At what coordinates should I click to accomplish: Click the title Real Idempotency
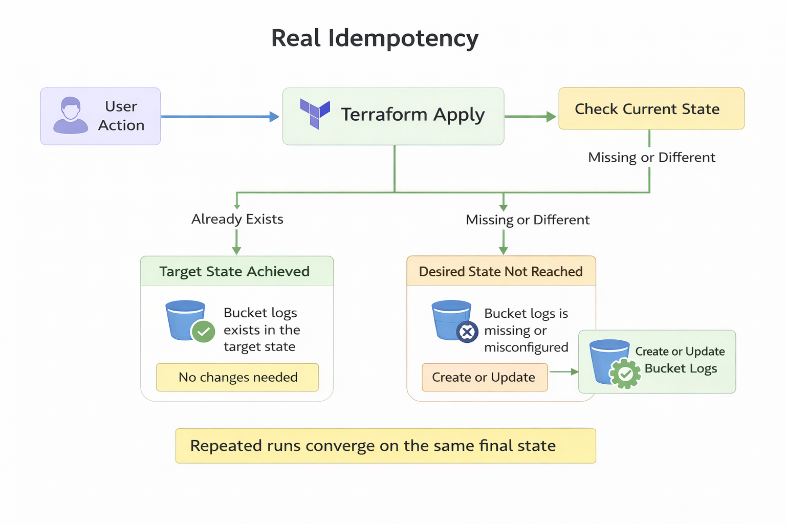click(x=375, y=38)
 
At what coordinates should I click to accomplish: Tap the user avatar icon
click(x=71, y=116)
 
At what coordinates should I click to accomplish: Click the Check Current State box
click(x=651, y=108)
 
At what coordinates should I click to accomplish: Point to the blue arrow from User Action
click(x=220, y=117)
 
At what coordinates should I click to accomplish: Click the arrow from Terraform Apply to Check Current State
click(x=530, y=117)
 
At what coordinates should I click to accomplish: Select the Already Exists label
click(x=237, y=219)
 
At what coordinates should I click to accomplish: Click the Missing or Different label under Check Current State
click(x=651, y=158)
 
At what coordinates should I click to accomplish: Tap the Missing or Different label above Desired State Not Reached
click(x=528, y=220)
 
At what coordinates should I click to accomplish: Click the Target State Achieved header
click(x=234, y=271)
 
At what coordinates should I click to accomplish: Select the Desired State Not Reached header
click(x=500, y=271)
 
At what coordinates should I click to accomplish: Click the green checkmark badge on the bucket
click(x=203, y=332)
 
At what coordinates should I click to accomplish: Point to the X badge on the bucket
click(x=467, y=332)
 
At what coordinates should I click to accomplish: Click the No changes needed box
click(x=237, y=377)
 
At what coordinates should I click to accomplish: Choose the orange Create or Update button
click(x=484, y=377)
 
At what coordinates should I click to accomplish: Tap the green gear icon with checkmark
click(x=625, y=374)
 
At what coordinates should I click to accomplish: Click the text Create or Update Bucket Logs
click(x=680, y=360)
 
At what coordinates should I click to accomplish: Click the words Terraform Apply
click(x=412, y=115)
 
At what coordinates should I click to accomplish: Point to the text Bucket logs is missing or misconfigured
click(x=526, y=330)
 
